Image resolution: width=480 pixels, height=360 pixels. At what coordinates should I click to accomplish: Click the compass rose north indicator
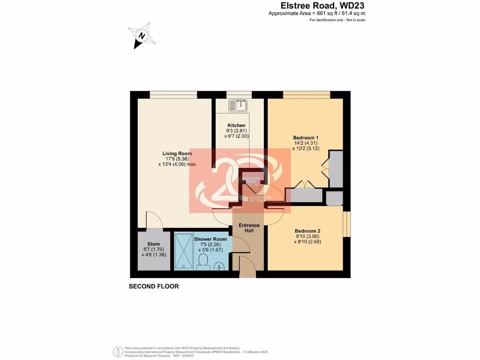point(141,35)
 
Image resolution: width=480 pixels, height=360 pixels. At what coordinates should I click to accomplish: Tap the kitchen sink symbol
point(238,106)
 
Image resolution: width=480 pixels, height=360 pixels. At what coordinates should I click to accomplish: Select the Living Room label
point(177,153)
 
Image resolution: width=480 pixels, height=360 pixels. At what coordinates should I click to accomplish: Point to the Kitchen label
point(236,126)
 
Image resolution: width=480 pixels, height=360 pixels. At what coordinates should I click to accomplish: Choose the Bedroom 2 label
point(307,231)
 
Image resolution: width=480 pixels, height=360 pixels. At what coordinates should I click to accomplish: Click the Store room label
point(153,244)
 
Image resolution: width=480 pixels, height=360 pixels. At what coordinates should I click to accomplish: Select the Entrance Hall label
point(249,228)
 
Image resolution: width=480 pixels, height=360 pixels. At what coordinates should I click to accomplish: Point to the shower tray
point(183,252)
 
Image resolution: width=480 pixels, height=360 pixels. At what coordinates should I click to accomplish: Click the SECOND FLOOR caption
point(154,286)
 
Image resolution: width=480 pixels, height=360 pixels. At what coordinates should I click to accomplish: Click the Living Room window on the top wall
point(173,94)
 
